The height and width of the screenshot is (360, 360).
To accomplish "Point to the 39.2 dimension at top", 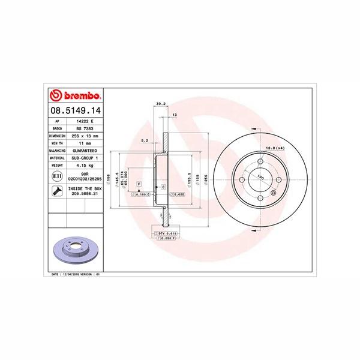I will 160,104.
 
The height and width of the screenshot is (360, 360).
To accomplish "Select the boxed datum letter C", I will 163,188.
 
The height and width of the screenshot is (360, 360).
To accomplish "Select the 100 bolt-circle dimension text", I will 261,178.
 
